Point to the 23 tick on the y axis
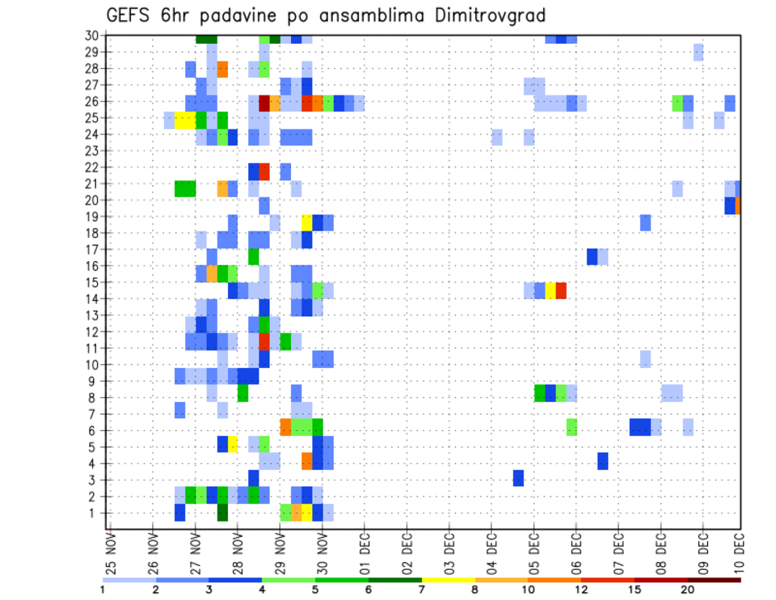91,150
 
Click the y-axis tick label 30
91,36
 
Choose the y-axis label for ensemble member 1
95,513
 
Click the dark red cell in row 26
264,103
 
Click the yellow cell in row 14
550,290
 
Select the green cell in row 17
254,256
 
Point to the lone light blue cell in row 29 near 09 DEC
698,53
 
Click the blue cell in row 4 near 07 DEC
603,461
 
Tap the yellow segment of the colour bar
449,579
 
